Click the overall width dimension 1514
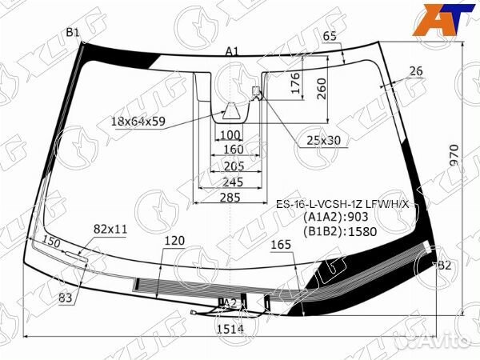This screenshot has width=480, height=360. coord(230,328)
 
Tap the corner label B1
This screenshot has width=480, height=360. coord(73,32)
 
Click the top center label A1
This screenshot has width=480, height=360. coord(232,51)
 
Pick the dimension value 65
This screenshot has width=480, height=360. coord(330,35)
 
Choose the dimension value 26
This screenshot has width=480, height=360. coord(415,72)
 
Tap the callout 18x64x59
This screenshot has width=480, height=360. coord(138,122)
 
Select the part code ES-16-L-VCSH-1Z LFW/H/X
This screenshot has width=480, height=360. coord(342,204)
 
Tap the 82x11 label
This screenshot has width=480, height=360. coord(110,229)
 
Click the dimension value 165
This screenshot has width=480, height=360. coord(282,245)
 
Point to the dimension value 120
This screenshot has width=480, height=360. coord(174,240)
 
